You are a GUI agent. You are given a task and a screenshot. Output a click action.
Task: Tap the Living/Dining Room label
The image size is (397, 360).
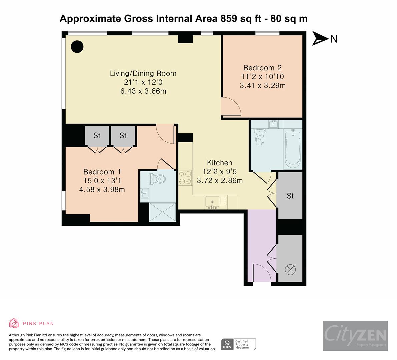[x=143, y=73]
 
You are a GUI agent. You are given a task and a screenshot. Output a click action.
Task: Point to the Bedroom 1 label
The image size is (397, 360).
[x=102, y=172]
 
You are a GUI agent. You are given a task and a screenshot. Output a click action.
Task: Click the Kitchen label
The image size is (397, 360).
[x=220, y=163]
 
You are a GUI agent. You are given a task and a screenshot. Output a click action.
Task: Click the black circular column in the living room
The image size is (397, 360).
[x=77, y=46]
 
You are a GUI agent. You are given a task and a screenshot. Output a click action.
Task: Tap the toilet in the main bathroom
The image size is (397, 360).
[x=259, y=137]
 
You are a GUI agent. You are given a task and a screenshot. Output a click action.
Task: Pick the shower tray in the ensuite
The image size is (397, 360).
[x=163, y=212]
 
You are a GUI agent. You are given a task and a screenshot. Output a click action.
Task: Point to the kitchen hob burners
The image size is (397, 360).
[x=185, y=178]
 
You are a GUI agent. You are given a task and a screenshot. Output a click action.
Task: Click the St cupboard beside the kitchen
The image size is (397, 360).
[x=290, y=196]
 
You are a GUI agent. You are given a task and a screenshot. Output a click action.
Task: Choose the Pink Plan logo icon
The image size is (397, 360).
[x=14, y=323]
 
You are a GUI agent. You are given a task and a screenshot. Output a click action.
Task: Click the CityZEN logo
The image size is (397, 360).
[x=355, y=336]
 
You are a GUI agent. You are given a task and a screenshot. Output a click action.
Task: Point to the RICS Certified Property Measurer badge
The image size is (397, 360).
[x=239, y=344]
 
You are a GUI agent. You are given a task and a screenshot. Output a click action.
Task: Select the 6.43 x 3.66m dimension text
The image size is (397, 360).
[x=143, y=91]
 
